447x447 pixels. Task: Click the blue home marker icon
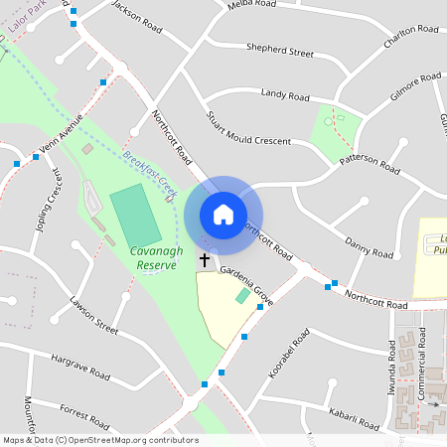(x=223, y=215)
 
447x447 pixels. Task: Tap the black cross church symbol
(x=205, y=260)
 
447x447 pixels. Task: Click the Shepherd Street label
(x=280, y=52)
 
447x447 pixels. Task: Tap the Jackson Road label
(x=136, y=10)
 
